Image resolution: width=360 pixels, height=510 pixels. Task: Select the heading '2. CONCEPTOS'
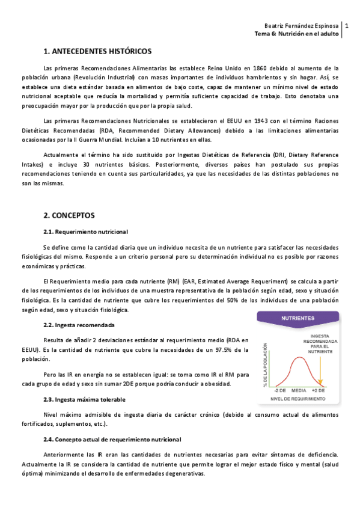[69, 215]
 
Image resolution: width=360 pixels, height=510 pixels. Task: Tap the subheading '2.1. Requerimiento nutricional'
[85, 232]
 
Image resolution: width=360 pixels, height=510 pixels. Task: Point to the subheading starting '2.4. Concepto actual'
[112, 440]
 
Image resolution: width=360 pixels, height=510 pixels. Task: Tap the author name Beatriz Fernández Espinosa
[302, 26]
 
